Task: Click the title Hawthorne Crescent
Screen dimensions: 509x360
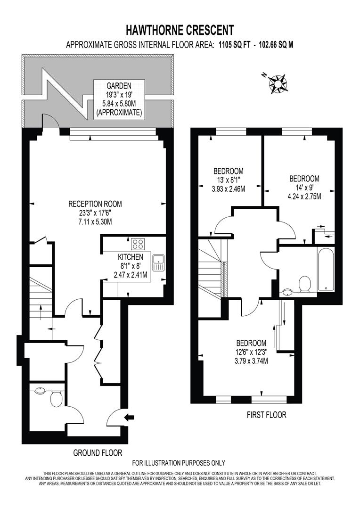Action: [x=180, y=31]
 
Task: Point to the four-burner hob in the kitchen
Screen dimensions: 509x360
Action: [x=138, y=244]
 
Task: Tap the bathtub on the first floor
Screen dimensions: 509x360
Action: [x=325, y=271]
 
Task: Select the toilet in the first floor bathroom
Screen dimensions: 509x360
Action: [x=304, y=284]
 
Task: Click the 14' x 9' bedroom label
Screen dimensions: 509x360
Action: [x=304, y=188]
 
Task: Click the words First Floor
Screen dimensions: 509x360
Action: [x=266, y=415]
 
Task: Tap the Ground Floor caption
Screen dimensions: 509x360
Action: [x=98, y=452]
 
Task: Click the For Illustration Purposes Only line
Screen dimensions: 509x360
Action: [x=179, y=463]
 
